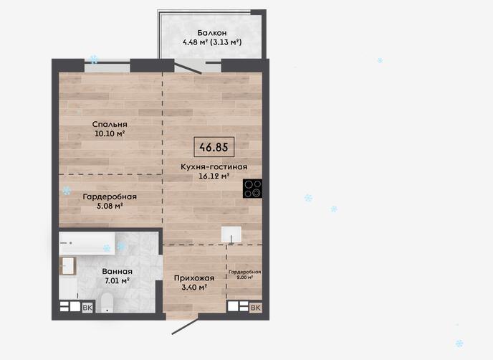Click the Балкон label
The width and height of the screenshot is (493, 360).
212,33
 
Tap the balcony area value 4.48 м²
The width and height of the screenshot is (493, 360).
195,42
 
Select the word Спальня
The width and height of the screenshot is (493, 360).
110,124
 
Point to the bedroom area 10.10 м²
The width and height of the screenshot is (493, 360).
110,133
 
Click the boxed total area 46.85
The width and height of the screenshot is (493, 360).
214,147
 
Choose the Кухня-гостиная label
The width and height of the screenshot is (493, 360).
214,167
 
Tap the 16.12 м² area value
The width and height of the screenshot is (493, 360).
214,176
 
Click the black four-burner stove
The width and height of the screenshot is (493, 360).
252,189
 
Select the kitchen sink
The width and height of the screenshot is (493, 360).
231,235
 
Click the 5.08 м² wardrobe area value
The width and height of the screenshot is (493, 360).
110,206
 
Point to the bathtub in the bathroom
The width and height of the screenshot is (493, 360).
87,243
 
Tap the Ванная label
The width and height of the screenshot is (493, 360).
118,272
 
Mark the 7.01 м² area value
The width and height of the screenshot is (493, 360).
118,280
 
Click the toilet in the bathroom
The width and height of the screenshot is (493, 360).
107,303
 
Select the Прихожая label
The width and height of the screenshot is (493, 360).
194,278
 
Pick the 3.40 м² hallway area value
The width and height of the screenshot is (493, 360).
194,288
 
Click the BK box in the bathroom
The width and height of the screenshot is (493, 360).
87,308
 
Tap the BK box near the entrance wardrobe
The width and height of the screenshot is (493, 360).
256,308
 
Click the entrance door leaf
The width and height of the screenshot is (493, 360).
185,326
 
